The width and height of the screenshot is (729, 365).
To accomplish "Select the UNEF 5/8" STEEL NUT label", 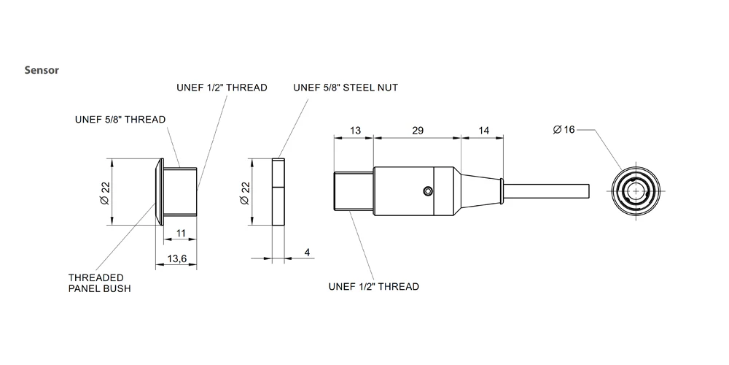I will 346,88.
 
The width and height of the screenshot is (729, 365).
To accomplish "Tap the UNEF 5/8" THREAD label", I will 121,119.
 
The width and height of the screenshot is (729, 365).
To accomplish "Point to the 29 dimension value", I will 418,130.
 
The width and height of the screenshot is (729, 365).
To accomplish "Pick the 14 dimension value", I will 483,130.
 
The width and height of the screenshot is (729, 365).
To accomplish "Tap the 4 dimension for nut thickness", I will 307,252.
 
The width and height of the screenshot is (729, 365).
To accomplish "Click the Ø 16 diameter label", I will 564,129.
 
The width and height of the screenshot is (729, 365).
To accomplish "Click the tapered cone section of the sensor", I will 481,191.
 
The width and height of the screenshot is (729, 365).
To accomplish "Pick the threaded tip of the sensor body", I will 354,191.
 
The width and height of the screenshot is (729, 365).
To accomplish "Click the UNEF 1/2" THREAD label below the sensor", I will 374,286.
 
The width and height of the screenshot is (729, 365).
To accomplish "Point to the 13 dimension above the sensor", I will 355,130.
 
